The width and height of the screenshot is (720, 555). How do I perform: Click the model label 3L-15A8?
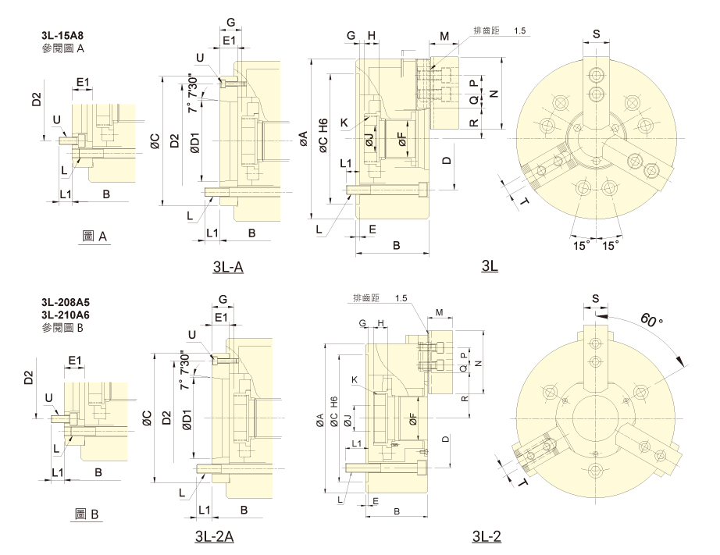62,35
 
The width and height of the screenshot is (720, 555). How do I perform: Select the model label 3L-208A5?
65,302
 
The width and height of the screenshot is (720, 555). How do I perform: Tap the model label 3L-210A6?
65,315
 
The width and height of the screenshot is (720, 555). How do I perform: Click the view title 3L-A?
228,267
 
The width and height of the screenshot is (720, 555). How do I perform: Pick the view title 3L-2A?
215,535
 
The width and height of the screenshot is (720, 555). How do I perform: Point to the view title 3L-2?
487,535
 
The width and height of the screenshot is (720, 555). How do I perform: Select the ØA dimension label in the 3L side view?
304,139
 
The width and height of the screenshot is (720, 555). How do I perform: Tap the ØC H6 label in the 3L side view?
323,136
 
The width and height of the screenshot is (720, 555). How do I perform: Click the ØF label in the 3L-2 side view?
413,418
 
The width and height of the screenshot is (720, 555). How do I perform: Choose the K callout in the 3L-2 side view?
354,379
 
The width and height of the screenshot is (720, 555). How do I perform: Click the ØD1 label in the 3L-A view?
194,142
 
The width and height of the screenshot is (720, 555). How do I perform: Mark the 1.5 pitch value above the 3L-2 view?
401,298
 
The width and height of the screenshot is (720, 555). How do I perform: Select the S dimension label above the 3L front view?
597,34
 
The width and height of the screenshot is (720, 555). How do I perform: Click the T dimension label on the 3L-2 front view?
522,482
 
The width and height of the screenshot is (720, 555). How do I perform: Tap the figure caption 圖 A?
94,237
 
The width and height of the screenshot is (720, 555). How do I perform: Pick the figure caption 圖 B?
87,514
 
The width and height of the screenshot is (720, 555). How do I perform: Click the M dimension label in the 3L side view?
444,36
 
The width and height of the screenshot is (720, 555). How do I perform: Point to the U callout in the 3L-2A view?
192,335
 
